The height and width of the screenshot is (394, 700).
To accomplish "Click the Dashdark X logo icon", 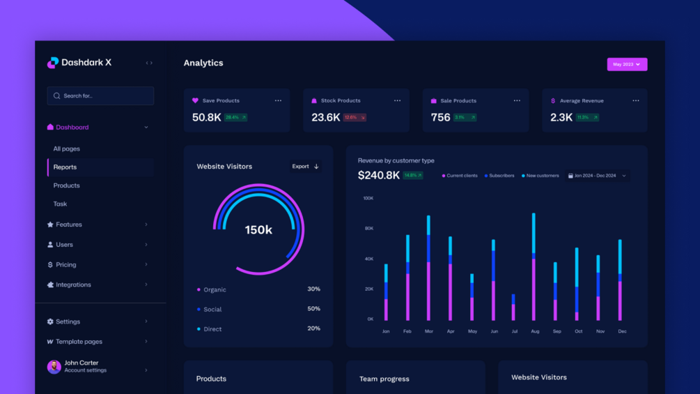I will tap(52, 63).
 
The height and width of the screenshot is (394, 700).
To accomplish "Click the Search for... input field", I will tap(100, 96).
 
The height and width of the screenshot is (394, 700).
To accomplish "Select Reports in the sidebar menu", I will tap(65, 167).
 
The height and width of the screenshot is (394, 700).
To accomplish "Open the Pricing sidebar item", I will tap(66, 265).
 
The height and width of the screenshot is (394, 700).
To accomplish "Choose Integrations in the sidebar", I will tap(73, 285).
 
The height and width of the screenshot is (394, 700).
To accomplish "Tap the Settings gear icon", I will tap(50, 321).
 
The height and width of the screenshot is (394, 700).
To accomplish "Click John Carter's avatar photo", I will tap(54, 367).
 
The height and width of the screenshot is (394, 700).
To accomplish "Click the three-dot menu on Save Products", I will tap(278, 100).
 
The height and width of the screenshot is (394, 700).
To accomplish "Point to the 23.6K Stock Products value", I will tap(326, 117).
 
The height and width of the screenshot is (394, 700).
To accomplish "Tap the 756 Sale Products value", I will tap(440, 117).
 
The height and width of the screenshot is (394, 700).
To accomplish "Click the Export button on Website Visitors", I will tap(305, 167).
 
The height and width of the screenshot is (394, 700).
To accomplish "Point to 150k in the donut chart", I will tap(258, 230).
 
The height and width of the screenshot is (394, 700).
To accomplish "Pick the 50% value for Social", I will tap(313, 309).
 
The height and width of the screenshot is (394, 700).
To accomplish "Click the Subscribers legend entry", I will tap(499, 176).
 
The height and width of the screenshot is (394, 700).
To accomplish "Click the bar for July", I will tap(513, 307).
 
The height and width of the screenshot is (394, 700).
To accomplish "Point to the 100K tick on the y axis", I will tap(368, 198).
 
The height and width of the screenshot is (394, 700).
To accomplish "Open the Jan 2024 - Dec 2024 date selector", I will tap(597, 176).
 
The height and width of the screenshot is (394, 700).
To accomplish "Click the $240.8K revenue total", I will tap(379, 176).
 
